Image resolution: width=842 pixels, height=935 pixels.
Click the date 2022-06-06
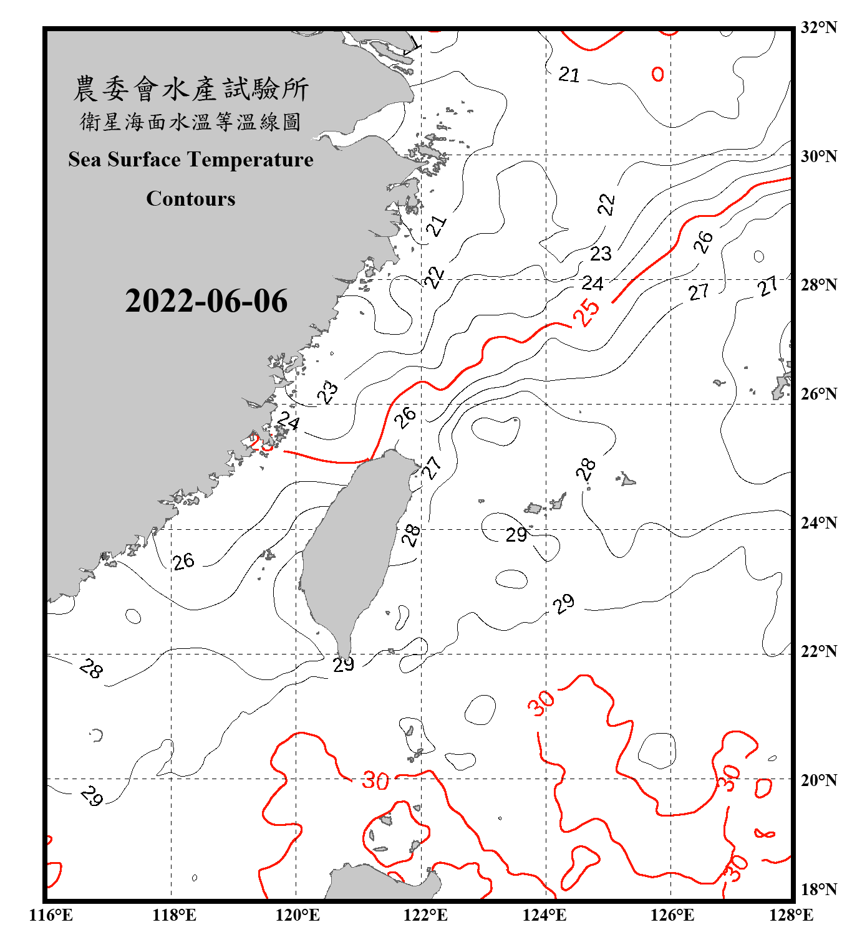[206, 301]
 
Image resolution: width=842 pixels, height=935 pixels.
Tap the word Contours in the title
[191, 199]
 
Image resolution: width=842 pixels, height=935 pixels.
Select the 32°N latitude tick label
[818, 27]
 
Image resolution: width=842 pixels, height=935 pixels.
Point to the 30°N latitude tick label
[818, 156]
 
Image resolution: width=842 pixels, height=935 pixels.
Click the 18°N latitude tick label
[818, 889]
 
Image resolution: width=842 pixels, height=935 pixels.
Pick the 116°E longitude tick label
[51, 915]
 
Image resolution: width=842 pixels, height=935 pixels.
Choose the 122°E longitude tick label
[425, 915]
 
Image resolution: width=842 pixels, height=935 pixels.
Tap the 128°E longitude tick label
[791, 915]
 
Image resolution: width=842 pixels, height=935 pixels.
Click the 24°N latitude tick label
[818, 522]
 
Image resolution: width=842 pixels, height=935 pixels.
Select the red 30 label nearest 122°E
[375, 780]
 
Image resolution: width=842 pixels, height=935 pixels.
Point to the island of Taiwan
[352, 549]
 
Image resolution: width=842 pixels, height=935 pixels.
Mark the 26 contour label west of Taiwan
[183, 562]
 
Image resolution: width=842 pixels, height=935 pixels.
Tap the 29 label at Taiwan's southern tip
[344, 664]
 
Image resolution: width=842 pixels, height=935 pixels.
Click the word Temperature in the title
[250, 160]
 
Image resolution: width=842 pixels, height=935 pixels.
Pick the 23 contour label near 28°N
[601, 254]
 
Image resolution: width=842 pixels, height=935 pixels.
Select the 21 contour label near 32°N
[569, 75]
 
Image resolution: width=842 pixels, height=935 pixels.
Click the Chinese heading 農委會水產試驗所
[191, 89]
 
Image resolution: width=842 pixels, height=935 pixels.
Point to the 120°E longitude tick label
[298, 915]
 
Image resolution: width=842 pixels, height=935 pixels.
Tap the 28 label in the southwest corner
[91, 669]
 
